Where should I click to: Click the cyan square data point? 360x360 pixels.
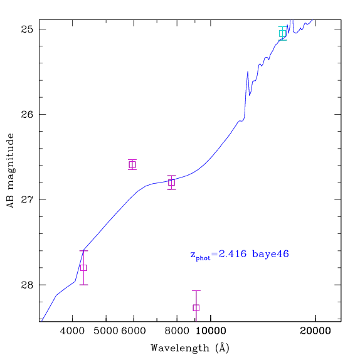[282, 33]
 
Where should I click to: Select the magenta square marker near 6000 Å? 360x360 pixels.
[132, 164]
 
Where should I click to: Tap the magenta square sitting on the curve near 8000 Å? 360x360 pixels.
[171, 183]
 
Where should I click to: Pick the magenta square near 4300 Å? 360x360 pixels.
[83, 268]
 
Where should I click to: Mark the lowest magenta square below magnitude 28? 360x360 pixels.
[196, 308]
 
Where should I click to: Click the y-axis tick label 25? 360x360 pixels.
[27, 29]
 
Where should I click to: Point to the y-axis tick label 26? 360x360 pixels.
[27, 114]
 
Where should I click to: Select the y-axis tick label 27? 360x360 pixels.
[27, 199]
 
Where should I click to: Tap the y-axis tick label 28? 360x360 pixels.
[27, 285]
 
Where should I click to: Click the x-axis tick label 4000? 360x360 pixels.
[72, 331]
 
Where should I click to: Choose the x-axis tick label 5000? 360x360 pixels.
[106, 331]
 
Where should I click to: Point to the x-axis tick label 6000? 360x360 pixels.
[134, 331]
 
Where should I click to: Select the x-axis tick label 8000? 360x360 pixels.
[177, 331]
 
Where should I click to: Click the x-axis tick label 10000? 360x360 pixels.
[211, 331]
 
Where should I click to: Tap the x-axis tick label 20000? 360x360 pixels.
[315, 331]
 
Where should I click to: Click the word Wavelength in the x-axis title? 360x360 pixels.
[180, 348]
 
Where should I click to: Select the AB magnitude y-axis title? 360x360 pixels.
[10, 171]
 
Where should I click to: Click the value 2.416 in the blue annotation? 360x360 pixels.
[233, 254]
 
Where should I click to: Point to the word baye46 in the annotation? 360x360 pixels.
[270, 255]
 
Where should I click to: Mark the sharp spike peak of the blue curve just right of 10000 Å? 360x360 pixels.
[248, 72]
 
